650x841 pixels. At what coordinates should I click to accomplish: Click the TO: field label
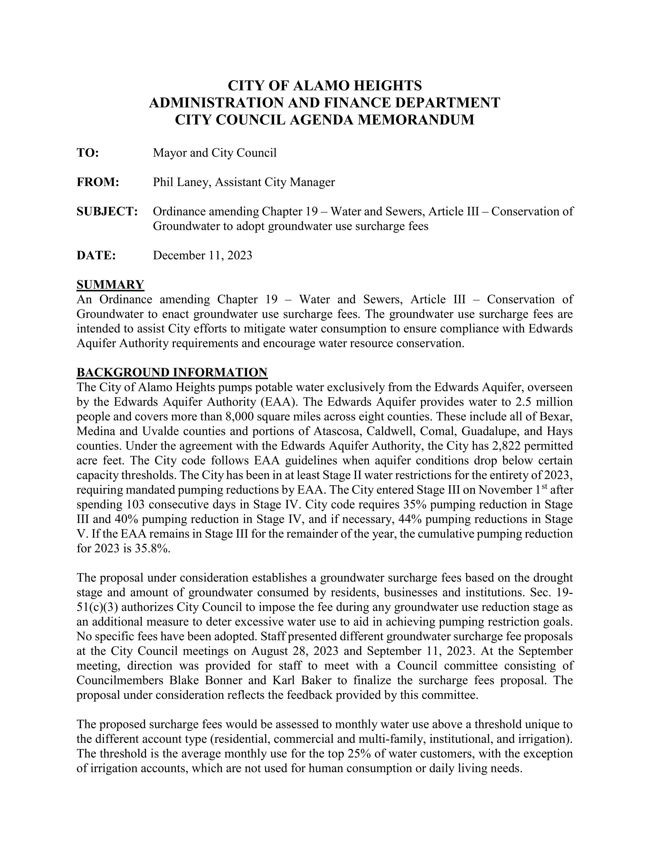pyautogui.click(x=88, y=153)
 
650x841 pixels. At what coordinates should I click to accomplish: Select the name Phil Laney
pyautogui.click(x=180, y=182)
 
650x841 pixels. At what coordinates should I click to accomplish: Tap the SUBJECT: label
pyautogui.click(x=107, y=211)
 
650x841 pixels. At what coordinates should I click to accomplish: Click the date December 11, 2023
pyautogui.click(x=202, y=255)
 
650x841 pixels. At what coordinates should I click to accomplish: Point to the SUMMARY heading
pyautogui.click(x=110, y=285)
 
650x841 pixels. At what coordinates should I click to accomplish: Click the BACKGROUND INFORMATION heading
pyautogui.click(x=172, y=372)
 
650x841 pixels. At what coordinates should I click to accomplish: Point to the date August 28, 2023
pyautogui.click(x=295, y=651)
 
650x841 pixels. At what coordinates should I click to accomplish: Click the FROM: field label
pyautogui.click(x=98, y=182)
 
